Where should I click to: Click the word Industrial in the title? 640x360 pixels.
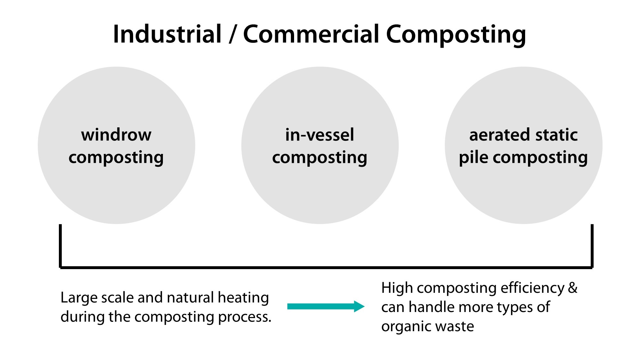[167, 34]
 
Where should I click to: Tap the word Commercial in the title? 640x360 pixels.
[311, 34]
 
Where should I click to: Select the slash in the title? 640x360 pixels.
[233, 34]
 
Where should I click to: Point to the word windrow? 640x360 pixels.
[116, 135]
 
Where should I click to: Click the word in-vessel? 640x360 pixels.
[320, 135]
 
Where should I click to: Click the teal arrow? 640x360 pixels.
[326, 307]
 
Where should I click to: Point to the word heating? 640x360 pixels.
[243, 298]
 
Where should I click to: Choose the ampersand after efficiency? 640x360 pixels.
[573, 288]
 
